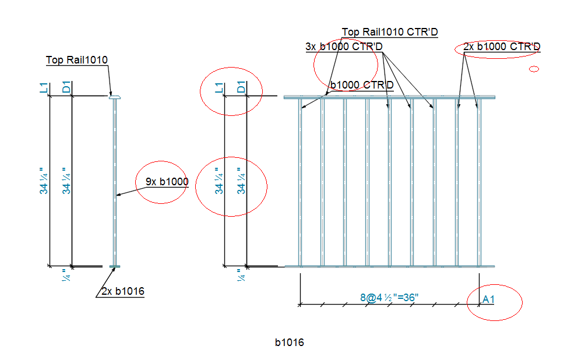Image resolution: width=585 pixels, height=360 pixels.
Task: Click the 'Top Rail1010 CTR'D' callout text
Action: pos(389,32)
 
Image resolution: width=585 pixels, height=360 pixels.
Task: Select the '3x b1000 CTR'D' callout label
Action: pos(344,47)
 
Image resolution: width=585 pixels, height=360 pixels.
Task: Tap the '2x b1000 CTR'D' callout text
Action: pos(502,47)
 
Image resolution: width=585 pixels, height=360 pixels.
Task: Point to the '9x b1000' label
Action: pos(167,182)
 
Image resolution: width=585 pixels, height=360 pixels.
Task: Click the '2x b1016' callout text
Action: pos(122,291)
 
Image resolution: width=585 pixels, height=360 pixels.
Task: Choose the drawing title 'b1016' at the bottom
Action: pos(290,343)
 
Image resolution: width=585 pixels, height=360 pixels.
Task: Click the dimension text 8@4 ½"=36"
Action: pos(390,298)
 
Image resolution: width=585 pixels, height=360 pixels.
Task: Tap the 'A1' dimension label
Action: pos(488,299)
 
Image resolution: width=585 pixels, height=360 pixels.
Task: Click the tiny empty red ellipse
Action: pos(534,69)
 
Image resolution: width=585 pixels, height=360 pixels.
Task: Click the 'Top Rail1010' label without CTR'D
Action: pos(77,59)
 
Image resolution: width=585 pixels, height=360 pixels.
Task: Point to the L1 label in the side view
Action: pos(43,88)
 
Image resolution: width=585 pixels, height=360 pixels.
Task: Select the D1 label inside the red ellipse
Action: pos(241,88)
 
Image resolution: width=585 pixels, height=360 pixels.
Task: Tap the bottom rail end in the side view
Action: pos(114,267)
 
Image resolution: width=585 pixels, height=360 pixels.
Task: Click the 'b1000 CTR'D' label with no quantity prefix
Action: pos(362,85)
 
